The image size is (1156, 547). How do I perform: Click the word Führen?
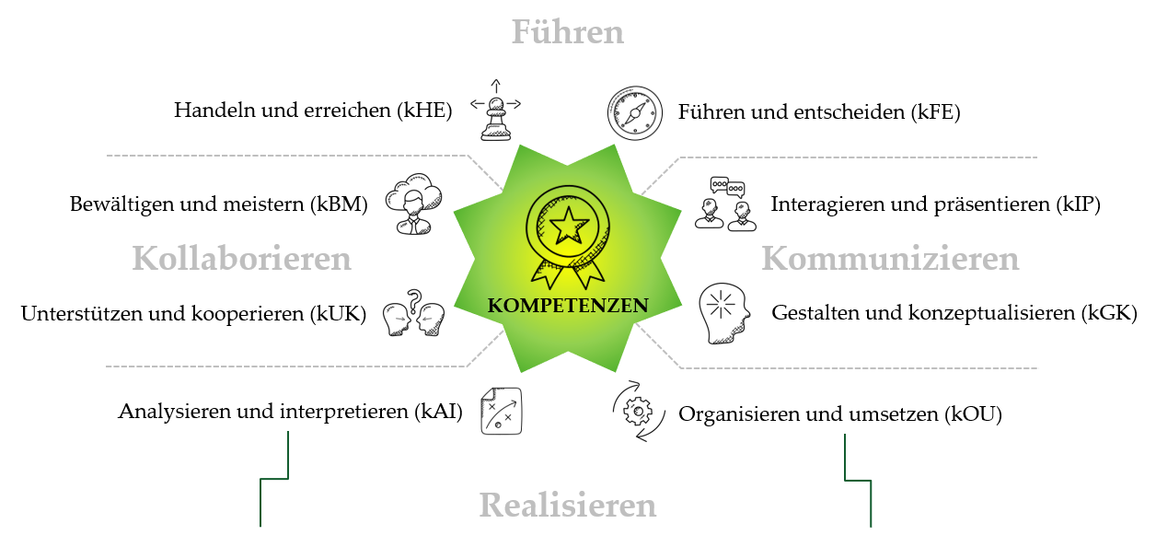[567, 33]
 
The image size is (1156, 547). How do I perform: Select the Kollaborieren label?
[241, 259]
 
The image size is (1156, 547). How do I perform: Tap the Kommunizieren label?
[890, 259]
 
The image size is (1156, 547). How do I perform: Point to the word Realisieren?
[567, 506]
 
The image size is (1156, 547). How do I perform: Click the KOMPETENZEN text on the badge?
[567, 306]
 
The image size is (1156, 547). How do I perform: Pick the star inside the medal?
[569, 223]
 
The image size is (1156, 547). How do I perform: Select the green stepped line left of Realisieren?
[274, 479]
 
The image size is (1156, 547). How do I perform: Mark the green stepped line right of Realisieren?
[858, 480]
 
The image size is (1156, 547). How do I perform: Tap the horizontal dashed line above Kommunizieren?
[856, 157]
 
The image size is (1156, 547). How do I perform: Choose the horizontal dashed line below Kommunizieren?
[856, 368]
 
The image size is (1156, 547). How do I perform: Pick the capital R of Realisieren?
[491, 506]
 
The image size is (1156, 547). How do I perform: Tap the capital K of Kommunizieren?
[773, 259]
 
